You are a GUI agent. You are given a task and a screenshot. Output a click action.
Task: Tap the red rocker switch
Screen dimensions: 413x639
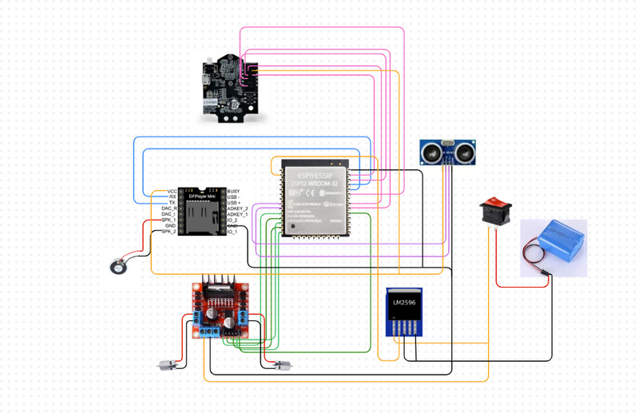point(494,212)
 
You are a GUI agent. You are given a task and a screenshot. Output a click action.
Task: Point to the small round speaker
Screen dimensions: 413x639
point(120,267)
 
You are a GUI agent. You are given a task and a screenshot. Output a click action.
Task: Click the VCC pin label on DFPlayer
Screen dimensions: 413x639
point(171,192)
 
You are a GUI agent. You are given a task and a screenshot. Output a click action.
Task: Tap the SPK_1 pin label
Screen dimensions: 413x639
point(169,220)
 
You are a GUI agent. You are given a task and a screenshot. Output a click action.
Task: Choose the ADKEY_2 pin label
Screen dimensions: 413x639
point(238,208)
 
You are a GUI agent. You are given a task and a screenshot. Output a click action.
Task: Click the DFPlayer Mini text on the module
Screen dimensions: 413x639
point(202,197)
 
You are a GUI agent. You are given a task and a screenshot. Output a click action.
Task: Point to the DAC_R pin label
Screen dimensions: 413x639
point(169,208)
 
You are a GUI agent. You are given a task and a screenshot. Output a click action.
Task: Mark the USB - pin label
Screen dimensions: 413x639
point(234,197)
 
